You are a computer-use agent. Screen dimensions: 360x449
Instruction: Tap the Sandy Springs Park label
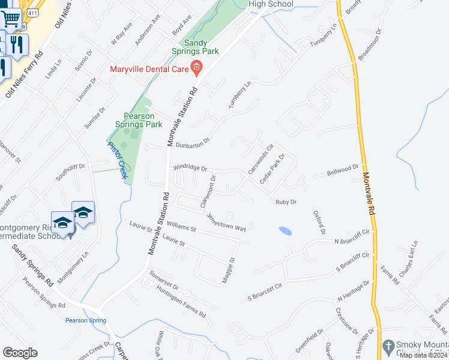point(201,47)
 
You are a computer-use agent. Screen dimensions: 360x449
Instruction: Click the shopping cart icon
point(10,19)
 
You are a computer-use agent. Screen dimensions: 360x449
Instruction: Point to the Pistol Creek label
point(118,155)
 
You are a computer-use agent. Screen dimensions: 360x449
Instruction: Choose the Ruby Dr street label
point(286,202)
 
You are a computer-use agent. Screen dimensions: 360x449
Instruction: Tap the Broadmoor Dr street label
point(370,44)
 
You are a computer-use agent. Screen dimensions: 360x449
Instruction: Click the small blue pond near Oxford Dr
point(286,230)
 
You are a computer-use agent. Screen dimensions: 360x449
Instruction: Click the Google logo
point(20,353)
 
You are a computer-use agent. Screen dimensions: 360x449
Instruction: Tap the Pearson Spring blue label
point(85,320)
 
